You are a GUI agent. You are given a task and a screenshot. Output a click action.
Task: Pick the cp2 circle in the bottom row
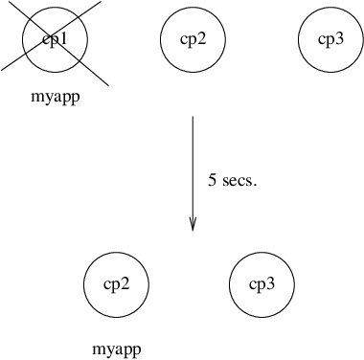(x=117, y=284)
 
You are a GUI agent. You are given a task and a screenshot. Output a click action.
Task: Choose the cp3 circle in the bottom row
(x=262, y=284)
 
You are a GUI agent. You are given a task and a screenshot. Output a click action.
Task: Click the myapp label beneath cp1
(x=54, y=97)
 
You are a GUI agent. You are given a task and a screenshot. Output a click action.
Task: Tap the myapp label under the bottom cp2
(x=117, y=349)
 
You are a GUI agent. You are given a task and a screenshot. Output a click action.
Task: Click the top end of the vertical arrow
(x=193, y=117)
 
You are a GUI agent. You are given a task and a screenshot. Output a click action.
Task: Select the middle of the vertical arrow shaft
(x=193, y=172)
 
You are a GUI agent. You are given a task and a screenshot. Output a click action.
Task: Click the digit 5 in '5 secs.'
(x=213, y=179)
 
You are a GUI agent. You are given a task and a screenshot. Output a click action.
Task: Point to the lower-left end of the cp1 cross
(x=3, y=68)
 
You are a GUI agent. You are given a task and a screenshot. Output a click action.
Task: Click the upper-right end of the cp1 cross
(x=105, y=3)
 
